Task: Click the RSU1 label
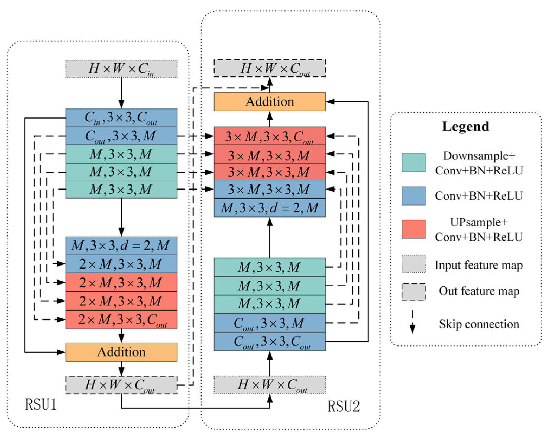point(41,404)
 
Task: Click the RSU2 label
point(344,406)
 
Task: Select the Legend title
point(465,126)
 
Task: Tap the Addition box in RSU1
point(121,352)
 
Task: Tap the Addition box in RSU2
point(270,102)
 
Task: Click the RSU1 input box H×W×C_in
point(121,69)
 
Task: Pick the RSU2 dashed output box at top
point(270,68)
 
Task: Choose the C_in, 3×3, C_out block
point(121,118)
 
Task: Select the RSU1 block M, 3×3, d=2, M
point(121,246)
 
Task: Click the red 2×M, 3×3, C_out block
point(121,319)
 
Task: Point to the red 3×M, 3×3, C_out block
point(270,136)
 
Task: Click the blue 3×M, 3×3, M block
point(270,189)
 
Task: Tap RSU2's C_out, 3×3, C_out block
point(270,341)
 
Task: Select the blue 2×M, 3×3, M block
point(121,264)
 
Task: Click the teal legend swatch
point(413,163)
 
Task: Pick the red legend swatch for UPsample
point(413,229)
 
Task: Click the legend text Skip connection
point(479,324)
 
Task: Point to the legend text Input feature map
point(479,265)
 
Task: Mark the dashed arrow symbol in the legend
point(412,322)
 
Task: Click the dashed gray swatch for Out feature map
point(413,292)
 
